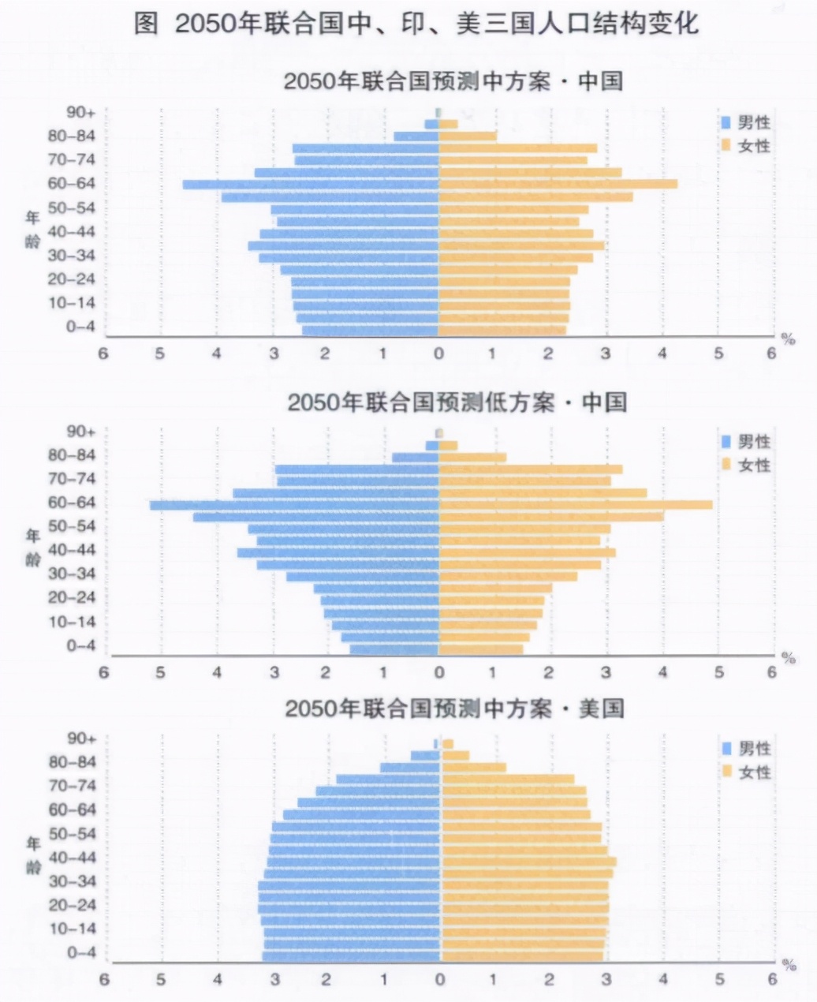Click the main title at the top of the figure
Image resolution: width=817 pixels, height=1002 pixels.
click(x=416, y=23)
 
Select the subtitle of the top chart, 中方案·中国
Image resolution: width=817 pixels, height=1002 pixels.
click(x=453, y=81)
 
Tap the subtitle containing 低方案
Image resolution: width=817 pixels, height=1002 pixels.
click(x=456, y=402)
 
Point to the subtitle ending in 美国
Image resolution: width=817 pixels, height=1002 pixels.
click(x=454, y=708)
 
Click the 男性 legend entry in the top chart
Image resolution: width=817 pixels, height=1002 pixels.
click(x=745, y=122)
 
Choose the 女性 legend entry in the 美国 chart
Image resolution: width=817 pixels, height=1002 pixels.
click(x=745, y=772)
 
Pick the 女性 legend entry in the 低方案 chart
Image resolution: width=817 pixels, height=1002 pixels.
click(x=745, y=465)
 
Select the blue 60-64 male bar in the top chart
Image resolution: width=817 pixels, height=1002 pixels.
click(x=311, y=185)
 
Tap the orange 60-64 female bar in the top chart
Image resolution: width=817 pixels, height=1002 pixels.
click(x=558, y=185)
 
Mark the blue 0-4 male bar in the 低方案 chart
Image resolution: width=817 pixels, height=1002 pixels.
click(x=394, y=649)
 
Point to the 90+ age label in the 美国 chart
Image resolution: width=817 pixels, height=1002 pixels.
click(x=81, y=738)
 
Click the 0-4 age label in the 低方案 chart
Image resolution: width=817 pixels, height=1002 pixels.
click(x=81, y=645)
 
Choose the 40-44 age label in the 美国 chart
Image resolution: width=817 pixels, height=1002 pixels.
click(x=72, y=858)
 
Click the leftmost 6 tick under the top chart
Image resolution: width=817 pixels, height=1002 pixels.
click(x=103, y=353)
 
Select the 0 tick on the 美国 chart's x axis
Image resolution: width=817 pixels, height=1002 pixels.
click(x=440, y=979)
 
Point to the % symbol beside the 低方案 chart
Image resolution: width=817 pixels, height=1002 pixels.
click(x=788, y=657)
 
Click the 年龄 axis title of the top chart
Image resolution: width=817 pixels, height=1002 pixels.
click(x=32, y=229)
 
